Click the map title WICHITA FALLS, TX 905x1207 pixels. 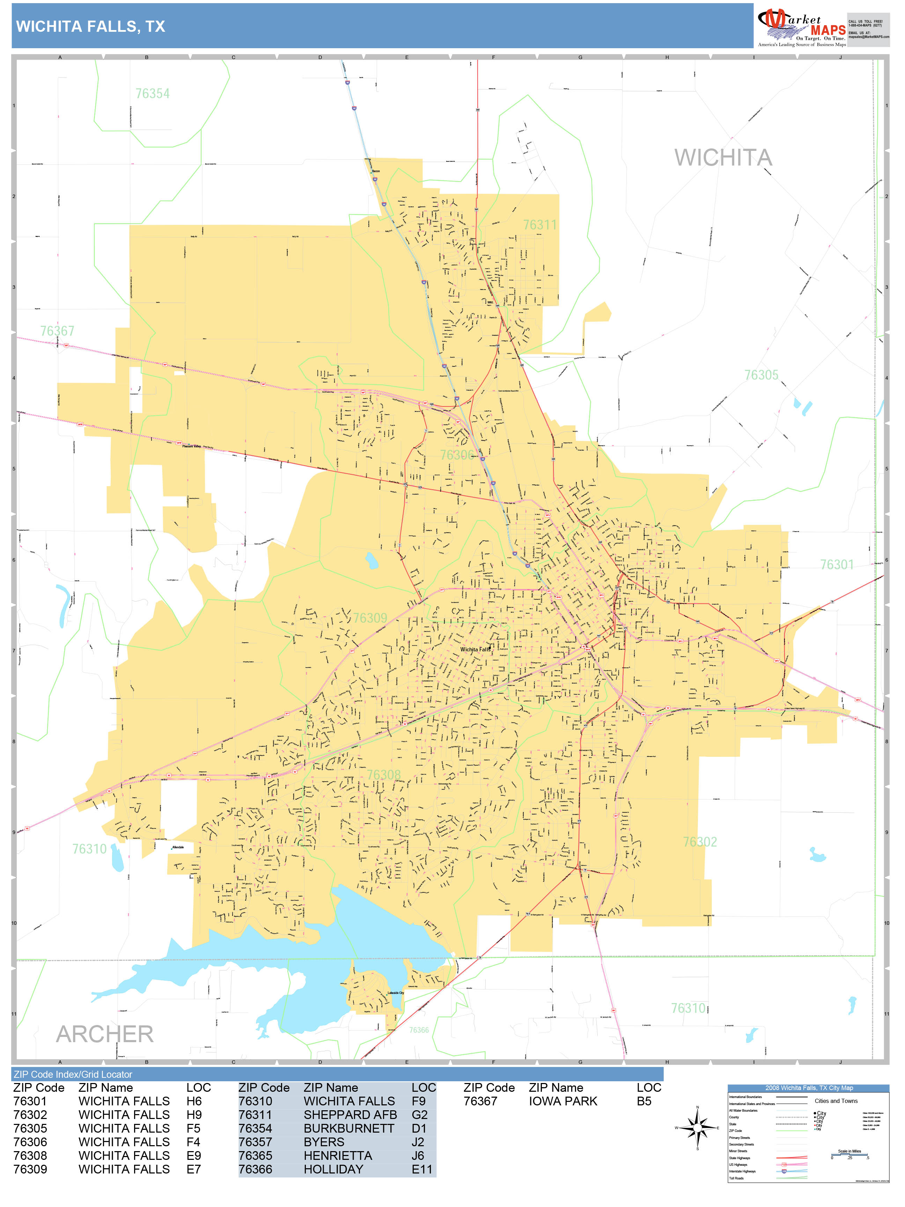90,26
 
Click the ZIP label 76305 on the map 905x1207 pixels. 761,375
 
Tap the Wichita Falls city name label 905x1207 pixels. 475,649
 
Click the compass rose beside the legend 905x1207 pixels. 697,1127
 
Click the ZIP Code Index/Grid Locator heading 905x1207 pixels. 73,1074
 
